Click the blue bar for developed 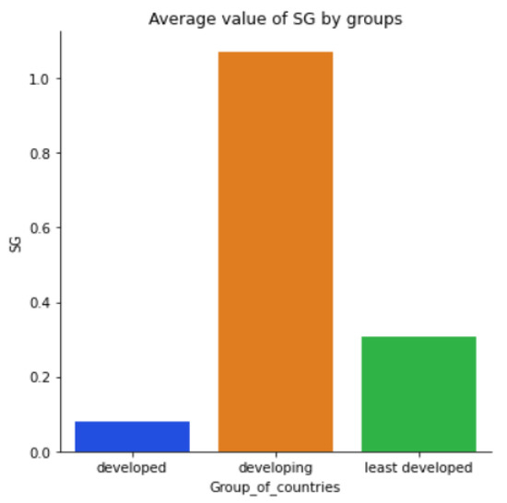(132, 437)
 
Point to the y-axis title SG (15, 242)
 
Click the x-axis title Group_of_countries (275, 486)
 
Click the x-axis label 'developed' (132, 468)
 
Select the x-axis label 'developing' (275, 468)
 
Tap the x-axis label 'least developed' (419, 468)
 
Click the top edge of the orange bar (275, 53)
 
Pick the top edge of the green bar (419, 337)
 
